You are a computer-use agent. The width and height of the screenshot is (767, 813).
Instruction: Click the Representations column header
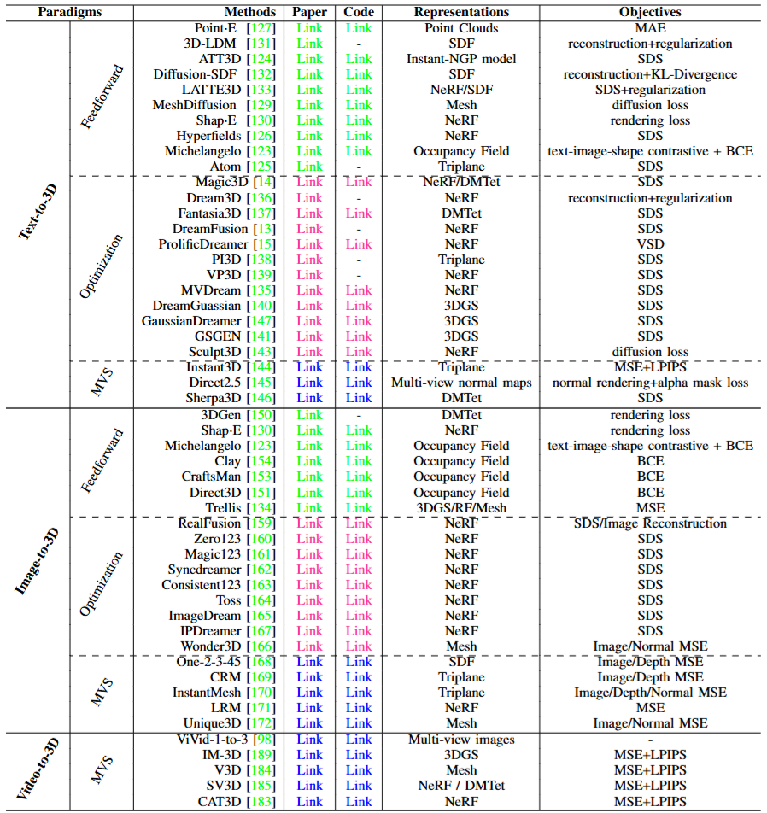pos(461,12)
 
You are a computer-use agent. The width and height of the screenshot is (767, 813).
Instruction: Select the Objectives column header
pos(650,12)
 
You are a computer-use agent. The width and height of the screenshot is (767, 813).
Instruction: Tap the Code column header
pos(359,12)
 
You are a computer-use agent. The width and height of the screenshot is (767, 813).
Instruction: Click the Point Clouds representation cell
pos(461,28)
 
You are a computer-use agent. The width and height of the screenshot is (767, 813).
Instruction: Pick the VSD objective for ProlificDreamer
pos(650,244)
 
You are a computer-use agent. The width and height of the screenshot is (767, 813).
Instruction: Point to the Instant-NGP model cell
pos(461,59)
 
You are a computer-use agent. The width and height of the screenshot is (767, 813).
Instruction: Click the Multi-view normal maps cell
pos(461,383)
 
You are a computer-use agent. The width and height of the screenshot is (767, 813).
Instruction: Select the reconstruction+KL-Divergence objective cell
pos(650,74)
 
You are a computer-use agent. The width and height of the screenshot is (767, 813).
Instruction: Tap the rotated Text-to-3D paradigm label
pos(38,212)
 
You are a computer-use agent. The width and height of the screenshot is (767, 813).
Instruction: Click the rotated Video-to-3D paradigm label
pos(38,769)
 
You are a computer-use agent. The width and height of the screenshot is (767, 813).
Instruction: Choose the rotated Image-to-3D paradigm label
pos(37,562)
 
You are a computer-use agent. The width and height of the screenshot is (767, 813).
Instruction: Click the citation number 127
pos(261,28)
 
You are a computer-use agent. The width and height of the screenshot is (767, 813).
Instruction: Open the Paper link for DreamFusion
pos(309,229)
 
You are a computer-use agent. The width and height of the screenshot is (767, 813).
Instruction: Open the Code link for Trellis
pos(359,508)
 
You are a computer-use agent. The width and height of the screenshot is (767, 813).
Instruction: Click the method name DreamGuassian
pos(196,306)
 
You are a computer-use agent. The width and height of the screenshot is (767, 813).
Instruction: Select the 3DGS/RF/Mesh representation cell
pos(461,508)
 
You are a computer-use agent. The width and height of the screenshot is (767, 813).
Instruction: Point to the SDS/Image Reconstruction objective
pos(650,523)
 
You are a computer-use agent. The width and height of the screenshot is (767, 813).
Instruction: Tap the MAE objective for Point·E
pos(650,28)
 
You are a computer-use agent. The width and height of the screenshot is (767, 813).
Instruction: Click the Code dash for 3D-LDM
pos(359,44)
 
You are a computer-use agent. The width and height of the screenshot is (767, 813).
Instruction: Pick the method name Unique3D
pos(212,723)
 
